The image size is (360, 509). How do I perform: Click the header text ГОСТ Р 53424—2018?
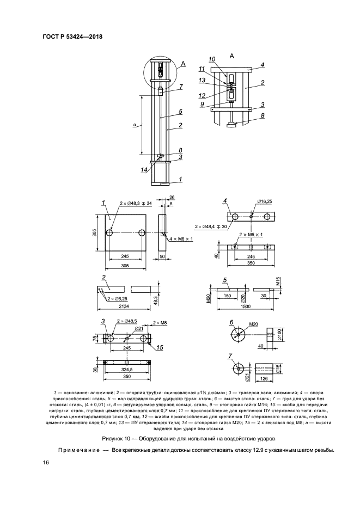[72, 36]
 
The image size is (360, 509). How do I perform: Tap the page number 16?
[45, 462]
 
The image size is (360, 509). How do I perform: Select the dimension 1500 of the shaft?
[246, 306]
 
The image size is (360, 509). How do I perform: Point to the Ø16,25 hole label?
[265, 201]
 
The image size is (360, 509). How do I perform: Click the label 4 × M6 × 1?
[181, 239]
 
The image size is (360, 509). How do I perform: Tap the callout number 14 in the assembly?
[144, 169]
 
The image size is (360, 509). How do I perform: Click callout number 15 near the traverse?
[160, 348]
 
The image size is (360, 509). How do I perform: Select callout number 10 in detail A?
[212, 59]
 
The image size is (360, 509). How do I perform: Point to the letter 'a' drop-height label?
[134, 124]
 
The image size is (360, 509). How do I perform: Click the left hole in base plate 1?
[109, 233]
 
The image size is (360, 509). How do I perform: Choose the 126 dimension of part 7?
[264, 378]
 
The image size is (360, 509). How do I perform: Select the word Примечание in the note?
[79, 450]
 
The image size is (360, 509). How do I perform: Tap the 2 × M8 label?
[160, 323]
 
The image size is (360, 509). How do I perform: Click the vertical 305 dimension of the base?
[94, 233]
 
